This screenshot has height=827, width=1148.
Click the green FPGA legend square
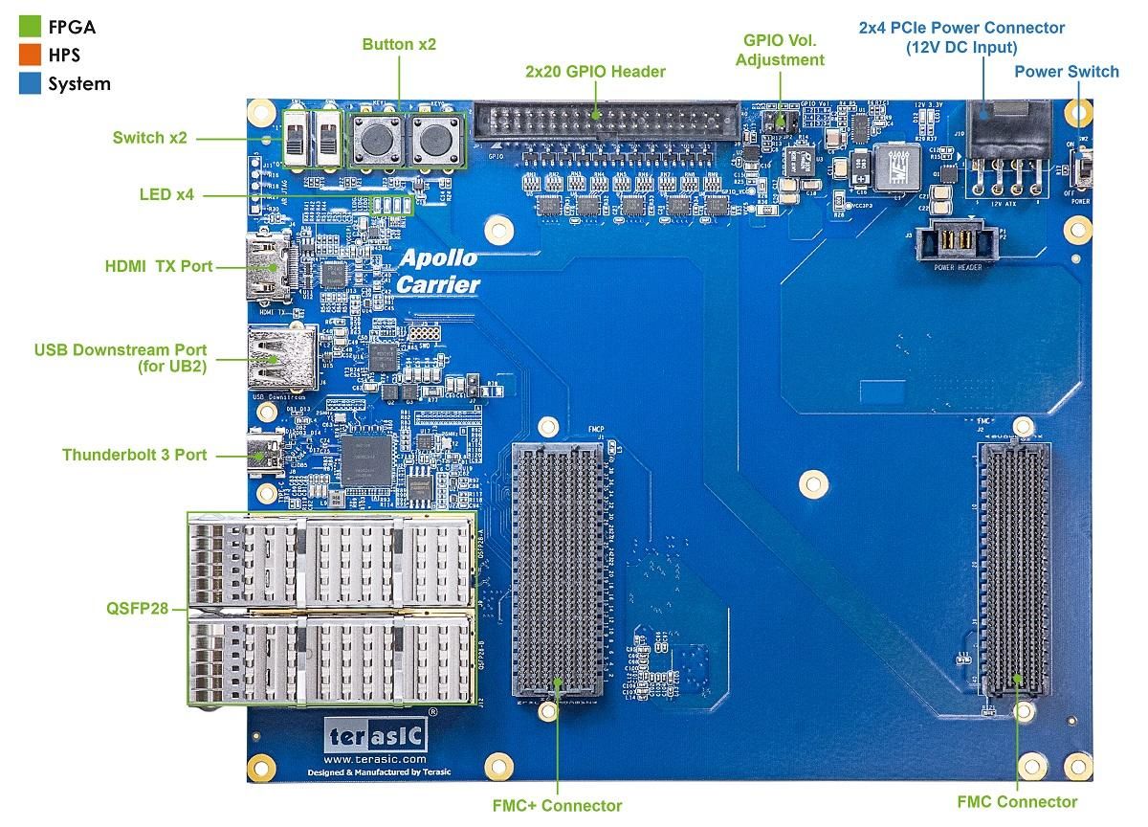[31, 27]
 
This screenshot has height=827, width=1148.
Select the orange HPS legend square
[31, 55]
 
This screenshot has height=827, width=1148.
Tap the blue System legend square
[31, 83]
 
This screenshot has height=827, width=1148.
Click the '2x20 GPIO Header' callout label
[595, 72]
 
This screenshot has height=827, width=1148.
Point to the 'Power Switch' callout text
[1067, 72]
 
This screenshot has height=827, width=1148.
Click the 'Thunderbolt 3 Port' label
[134, 456]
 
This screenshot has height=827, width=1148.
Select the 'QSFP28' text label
[142, 608]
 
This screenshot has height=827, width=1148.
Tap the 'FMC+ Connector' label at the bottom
[557, 806]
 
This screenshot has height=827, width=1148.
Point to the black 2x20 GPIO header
[606, 123]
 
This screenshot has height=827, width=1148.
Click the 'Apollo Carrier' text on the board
[438, 271]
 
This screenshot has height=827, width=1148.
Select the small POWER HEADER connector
[957, 241]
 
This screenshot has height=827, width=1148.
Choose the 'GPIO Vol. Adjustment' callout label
[784, 50]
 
